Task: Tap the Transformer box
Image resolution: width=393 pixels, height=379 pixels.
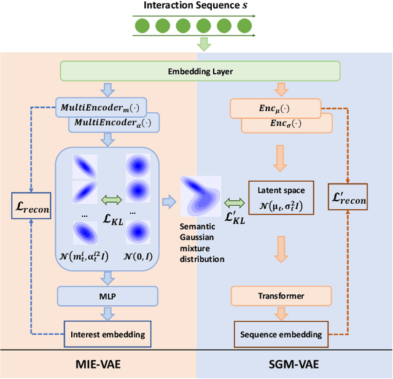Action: tap(280, 296)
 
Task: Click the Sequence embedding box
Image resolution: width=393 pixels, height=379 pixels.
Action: tap(281, 334)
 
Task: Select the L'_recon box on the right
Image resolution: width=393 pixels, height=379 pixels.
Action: tap(348, 198)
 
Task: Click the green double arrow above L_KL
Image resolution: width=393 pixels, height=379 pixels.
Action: tap(112, 199)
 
